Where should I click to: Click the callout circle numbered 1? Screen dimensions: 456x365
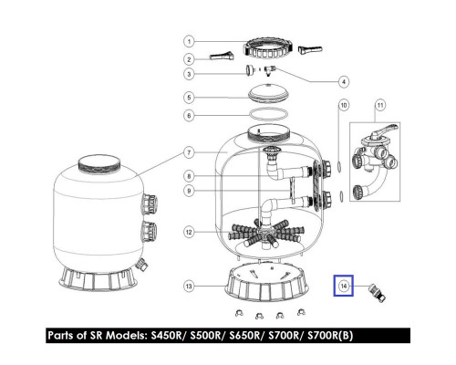tap(189, 41)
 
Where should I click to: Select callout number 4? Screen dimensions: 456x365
tap(344, 81)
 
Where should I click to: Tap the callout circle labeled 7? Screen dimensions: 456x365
tap(189, 152)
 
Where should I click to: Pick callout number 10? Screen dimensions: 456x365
tap(344, 105)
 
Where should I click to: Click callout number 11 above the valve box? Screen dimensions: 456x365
tap(380, 105)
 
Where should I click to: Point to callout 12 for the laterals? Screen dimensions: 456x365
tap(189, 232)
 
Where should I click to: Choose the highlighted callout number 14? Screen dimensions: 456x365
tap(344, 286)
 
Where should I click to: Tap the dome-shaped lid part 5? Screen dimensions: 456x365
tap(267, 92)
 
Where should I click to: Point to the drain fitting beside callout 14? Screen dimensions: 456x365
tap(377, 293)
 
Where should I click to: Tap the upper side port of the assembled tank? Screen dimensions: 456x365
tap(150, 203)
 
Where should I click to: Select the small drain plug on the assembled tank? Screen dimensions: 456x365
tap(141, 264)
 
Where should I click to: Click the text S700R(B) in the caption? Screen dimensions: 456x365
tap(330, 335)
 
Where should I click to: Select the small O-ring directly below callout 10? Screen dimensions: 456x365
tap(339, 166)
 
